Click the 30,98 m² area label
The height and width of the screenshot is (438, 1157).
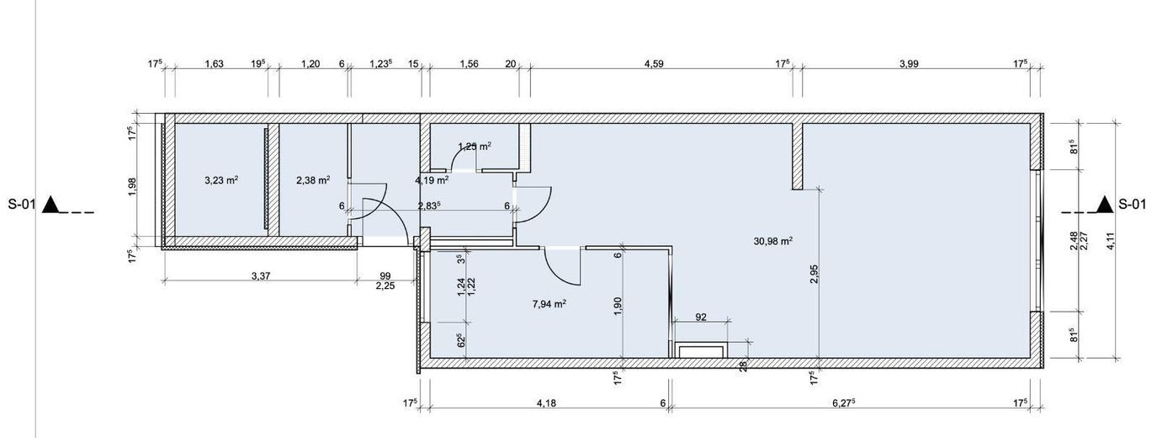(773, 241)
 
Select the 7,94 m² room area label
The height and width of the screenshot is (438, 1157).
(549, 304)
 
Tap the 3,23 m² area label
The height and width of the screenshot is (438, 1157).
(221, 180)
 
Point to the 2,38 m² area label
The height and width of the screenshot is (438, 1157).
(313, 180)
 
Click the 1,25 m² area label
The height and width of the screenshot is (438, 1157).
(475, 147)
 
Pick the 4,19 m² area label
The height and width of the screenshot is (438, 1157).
(432, 180)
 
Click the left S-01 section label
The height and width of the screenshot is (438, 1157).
(22, 205)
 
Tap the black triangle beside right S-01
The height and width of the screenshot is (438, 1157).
(1105, 205)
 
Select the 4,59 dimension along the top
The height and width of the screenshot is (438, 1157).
(654, 64)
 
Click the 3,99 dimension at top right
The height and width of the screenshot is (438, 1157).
(909, 64)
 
